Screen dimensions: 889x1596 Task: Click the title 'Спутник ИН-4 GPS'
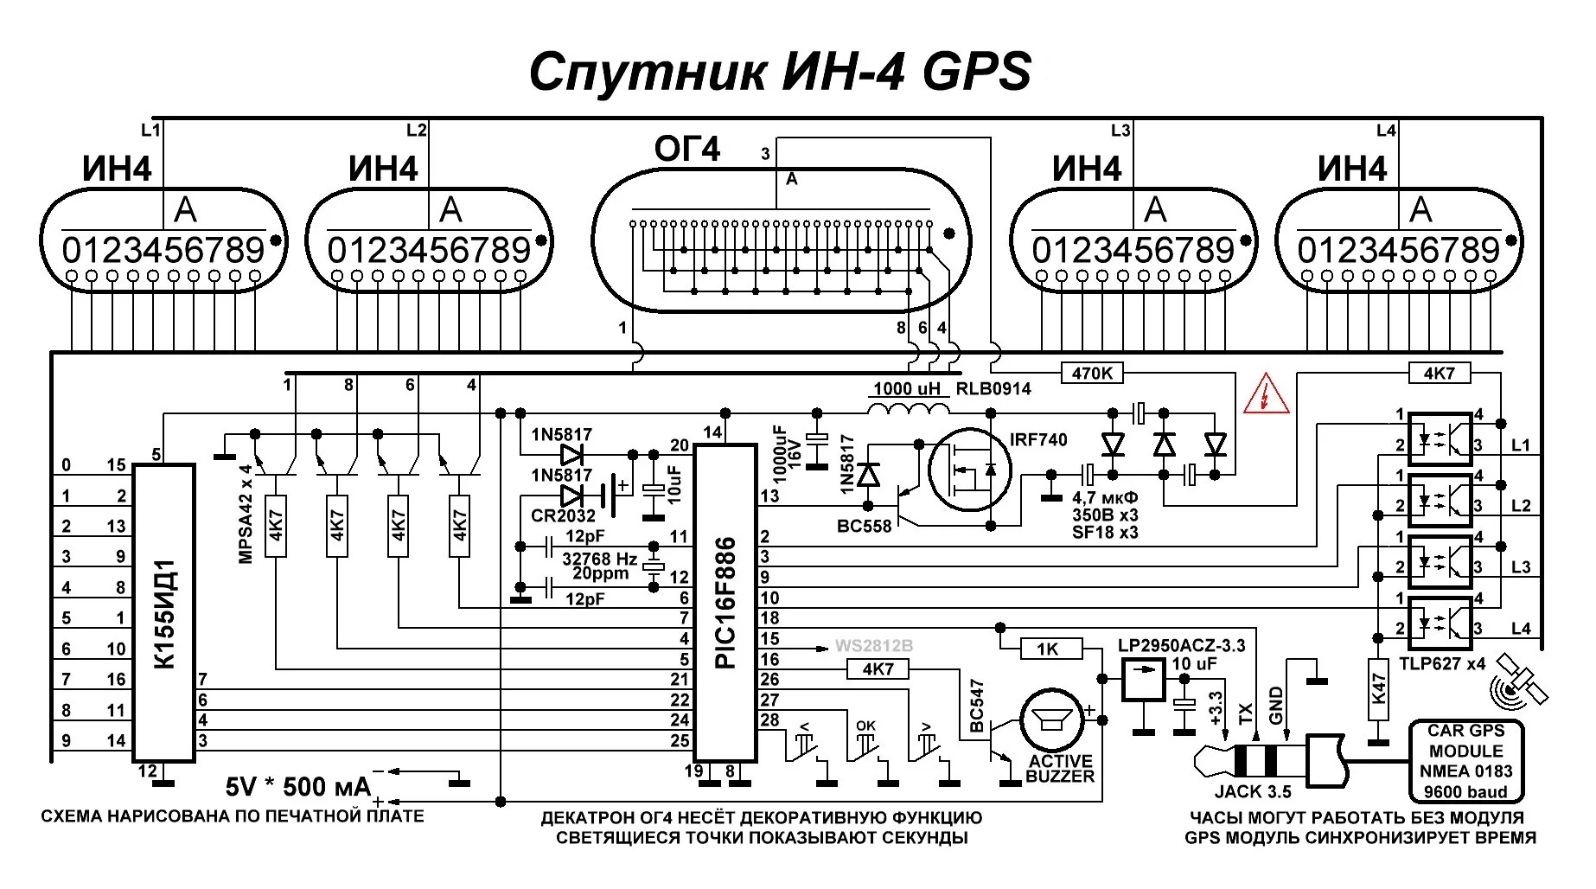pyautogui.click(x=780, y=72)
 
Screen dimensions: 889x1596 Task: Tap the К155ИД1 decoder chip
pyautogui.click(x=164, y=613)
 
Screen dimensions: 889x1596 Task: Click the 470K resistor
pyautogui.click(x=1092, y=373)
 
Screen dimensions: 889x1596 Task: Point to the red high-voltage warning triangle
pyautogui.click(x=1266, y=396)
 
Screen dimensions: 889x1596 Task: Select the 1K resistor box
pyautogui.click(x=1048, y=649)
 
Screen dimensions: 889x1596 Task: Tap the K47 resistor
pyautogui.click(x=1378, y=689)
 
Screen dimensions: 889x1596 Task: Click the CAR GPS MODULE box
pyautogui.click(x=1465, y=761)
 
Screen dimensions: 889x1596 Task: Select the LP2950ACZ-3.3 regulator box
pyautogui.click(x=1143, y=680)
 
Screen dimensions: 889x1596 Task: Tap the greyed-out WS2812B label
pyautogui.click(x=873, y=646)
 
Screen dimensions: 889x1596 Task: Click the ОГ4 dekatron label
pyautogui.click(x=686, y=150)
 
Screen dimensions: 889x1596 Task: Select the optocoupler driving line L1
pyautogui.click(x=1440, y=438)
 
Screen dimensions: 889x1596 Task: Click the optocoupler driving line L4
pyautogui.click(x=1440, y=622)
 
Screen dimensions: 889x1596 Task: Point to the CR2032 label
pyautogui.click(x=563, y=515)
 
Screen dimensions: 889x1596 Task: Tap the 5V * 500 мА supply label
pyautogui.click(x=297, y=786)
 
